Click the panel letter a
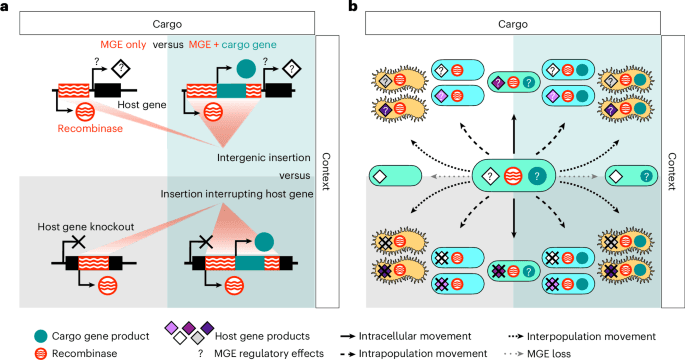[4, 7]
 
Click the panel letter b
[353, 6]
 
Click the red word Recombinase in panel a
[90, 128]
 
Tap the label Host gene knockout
[86, 227]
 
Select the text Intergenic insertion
[264, 158]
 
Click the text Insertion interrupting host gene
[237, 194]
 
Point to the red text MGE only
[123, 45]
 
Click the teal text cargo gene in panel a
[249, 45]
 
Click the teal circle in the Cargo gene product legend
[41, 336]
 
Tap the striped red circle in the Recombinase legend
[41, 353]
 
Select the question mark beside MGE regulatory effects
[201, 353]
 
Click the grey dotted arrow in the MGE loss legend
[513, 353]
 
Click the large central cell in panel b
[514, 176]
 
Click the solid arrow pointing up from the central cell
[514, 135]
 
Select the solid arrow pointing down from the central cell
[514, 218]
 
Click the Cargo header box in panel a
[167, 24]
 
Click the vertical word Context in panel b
[672, 171]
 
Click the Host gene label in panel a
[142, 105]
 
